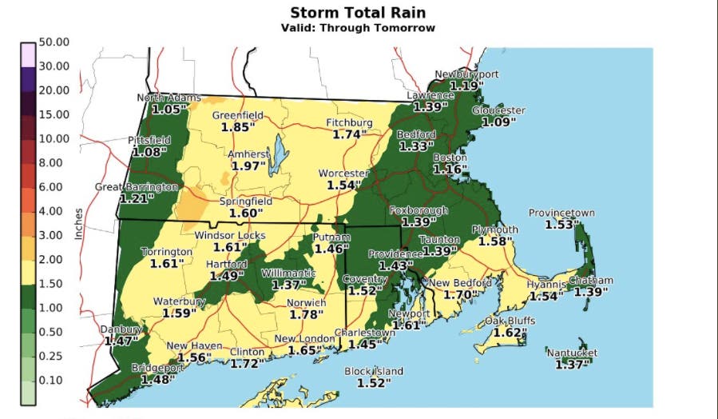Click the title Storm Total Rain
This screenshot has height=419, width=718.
coord(358,12)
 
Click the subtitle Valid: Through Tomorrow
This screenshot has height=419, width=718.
coord(358,28)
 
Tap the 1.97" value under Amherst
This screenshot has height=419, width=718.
coord(248,166)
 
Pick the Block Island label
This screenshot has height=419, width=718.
coord(374,371)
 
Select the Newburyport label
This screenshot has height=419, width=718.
coord(466,74)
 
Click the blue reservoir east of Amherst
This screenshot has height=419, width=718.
coord(280,154)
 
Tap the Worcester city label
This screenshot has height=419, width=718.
coord(343,173)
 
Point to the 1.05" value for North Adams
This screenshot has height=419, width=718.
coord(169,109)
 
